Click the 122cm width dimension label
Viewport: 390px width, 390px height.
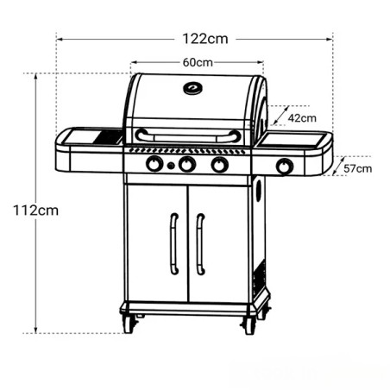(205, 39)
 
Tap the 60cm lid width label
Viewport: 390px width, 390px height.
(198, 62)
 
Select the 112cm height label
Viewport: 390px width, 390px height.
(35, 211)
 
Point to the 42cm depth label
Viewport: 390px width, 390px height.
(302, 118)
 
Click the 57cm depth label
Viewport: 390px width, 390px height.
(357, 168)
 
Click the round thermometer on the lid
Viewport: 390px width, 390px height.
(192, 88)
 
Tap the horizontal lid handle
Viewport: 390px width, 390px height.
(188, 136)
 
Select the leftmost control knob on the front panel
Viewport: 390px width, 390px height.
(154, 164)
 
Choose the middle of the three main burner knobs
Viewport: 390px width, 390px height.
(187, 164)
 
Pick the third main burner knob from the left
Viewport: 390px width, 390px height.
(220, 165)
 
